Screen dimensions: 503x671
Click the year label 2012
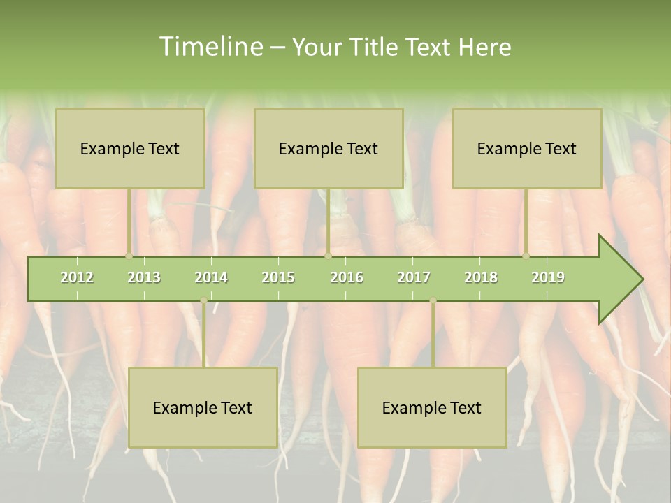point(77,277)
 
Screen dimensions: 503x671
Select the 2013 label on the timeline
point(144,277)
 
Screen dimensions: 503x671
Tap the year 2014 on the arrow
point(211,277)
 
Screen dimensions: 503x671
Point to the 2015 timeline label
point(278,277)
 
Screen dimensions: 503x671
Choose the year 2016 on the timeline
point(347,277)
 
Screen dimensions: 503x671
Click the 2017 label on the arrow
point(414,277)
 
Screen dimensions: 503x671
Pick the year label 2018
point(481,277)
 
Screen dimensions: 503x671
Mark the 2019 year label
point(548,277)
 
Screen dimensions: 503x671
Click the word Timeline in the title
point(209,47)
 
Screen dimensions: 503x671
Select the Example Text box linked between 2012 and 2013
point(130,148)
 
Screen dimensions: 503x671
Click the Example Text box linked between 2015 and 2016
point(329,148)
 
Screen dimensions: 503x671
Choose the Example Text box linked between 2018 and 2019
point(527,148)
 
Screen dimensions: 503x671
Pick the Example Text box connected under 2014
point(203,407)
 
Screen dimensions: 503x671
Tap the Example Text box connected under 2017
point(432,407)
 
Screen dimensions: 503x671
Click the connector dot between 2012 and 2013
point(129,256)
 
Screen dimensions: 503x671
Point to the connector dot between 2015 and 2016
point(328,256)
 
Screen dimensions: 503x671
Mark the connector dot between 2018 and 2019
point(526,256)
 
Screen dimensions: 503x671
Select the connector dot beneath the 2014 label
point(203,300)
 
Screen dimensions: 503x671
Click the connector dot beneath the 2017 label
point(433,300)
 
